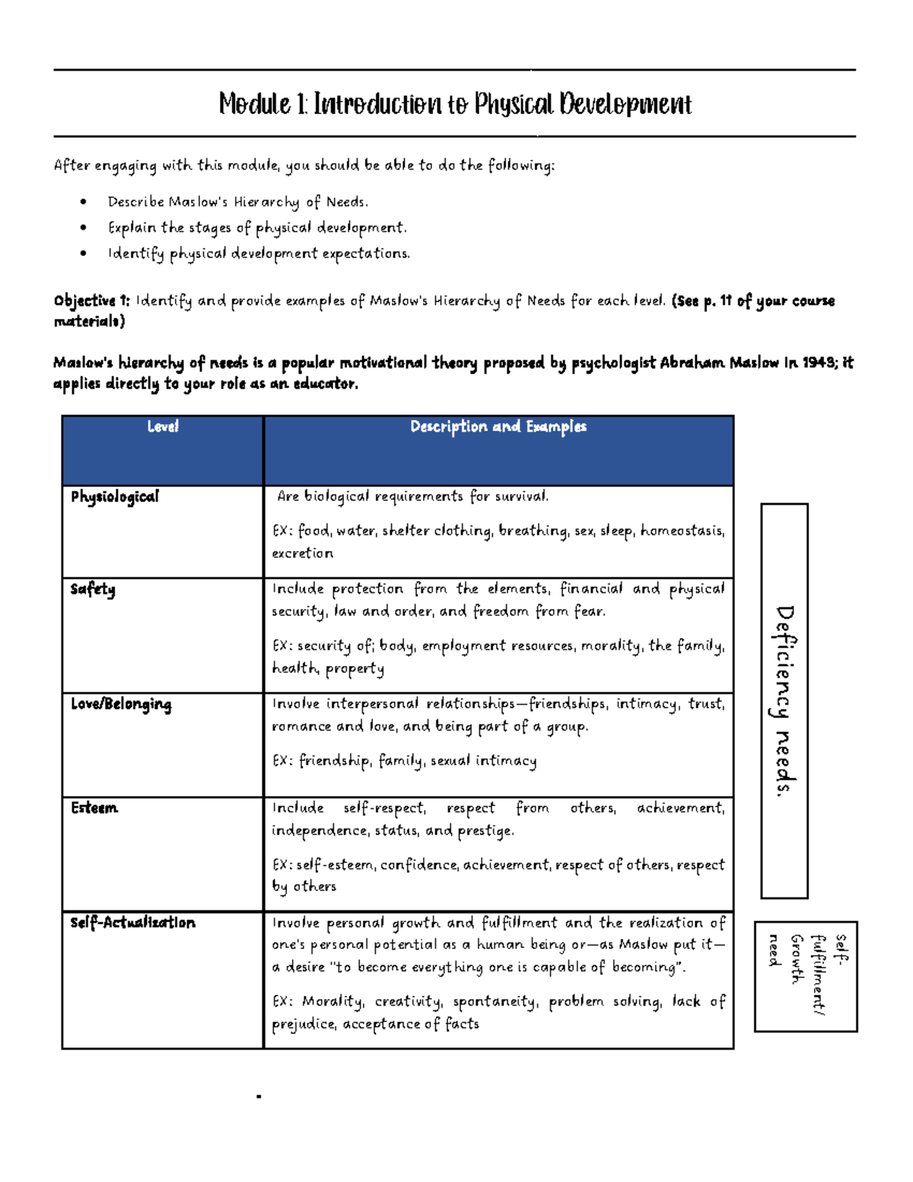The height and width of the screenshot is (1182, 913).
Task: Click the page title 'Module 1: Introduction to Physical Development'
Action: click(455, 104)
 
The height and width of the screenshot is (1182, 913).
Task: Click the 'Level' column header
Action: click(163, 427)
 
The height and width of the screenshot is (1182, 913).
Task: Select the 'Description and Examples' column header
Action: click(498, 427)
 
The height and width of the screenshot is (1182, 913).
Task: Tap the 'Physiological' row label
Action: click(115, 497)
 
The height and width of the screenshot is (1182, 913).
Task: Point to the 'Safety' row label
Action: click(93, 590)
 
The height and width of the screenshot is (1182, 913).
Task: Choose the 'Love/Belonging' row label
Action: click(121, 705)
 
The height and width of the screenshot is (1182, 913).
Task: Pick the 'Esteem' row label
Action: click(94, 808)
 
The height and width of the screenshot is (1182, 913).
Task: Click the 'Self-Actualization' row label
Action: click(133, 923)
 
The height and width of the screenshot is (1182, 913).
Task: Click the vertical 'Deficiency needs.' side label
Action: click(784, 700)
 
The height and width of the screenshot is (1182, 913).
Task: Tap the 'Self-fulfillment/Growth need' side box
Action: click(806, 976)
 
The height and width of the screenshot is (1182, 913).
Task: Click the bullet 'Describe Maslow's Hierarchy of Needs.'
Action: click(238, 202)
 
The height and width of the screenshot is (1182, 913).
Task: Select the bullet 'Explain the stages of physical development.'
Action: click(257, 228)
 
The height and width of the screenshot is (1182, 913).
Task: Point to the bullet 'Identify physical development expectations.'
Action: click(259, 254)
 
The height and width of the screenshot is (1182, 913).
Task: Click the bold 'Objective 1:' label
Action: click(92, 301)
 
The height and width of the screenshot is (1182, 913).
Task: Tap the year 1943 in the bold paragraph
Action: click(819, 363)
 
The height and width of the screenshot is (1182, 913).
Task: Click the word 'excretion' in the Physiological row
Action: click(303, 553)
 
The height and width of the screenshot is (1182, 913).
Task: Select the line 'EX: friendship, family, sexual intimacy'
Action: click(405, 761)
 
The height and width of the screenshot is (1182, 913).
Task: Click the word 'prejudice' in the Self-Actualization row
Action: click(304, 1024)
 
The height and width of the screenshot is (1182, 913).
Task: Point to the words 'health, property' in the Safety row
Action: click(328, 669)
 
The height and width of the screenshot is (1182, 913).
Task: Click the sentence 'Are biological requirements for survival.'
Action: click(412, 497)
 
